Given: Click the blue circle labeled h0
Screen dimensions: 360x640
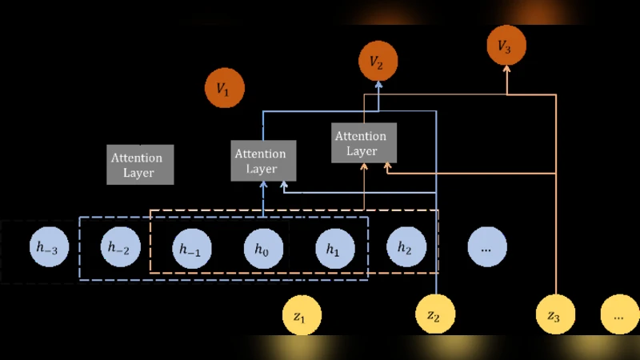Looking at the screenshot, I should coord(263,249).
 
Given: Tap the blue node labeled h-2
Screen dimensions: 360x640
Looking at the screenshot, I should coord(119,247).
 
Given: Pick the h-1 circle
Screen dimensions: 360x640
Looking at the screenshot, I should coord(190,249).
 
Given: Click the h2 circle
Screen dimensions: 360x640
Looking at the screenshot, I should coord(405,247).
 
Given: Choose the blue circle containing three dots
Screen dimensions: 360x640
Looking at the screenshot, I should coord(486,247).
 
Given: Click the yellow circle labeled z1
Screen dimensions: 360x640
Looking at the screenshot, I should coord(300,316).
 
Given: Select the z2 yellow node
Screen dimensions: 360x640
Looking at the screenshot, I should coord(434,316).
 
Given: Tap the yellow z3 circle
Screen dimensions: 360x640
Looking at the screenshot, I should coord(554,316).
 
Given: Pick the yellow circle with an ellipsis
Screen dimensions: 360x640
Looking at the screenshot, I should coord(620,316).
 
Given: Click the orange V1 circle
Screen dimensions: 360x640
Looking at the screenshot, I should coord(224,89).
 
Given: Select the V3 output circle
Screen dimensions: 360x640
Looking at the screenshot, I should coord(506,46).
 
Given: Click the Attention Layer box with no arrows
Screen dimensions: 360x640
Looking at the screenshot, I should coord(141,164).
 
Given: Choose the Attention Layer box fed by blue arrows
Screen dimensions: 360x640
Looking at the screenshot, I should coord(263,160).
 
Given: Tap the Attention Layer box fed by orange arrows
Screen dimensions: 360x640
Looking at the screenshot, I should coord(365,142).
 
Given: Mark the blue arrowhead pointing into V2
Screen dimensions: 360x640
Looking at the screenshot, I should coord(378,84).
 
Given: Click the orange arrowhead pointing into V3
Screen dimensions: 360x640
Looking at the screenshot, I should coord(506,70).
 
